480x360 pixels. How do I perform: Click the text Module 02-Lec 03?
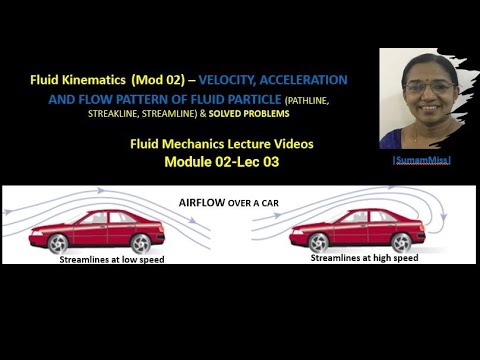(231, 160)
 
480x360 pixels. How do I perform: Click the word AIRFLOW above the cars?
(205, 201)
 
